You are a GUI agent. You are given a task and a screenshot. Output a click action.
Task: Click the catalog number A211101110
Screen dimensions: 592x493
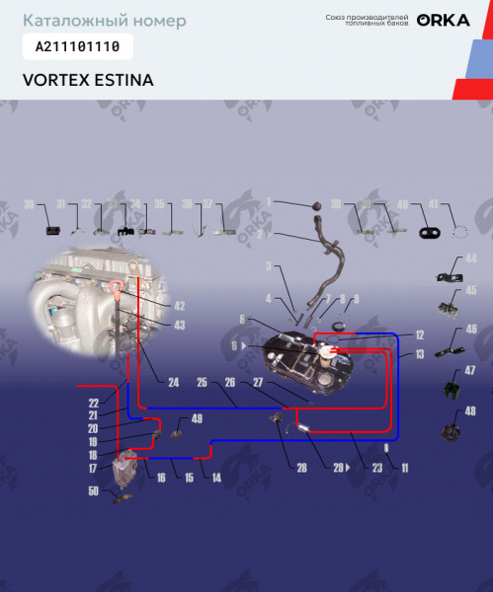coord(77,46)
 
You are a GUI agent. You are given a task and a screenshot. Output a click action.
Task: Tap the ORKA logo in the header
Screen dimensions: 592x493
coord(443,20)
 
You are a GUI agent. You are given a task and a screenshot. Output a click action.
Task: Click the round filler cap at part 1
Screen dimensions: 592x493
coord(317,203)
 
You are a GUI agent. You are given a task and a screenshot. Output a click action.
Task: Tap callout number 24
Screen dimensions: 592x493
coord(173,381)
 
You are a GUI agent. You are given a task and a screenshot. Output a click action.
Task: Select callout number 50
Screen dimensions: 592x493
coord(95,490)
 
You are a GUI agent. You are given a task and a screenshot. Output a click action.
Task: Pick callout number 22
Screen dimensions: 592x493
coord(94,402)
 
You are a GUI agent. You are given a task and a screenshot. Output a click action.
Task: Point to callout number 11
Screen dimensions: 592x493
coord(405,467)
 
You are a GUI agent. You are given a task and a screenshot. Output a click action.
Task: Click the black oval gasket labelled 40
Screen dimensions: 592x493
coord(430,233)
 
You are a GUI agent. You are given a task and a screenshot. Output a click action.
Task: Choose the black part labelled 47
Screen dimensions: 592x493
coord(452,389)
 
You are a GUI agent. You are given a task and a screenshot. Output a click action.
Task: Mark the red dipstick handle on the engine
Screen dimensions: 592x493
coord(119,288)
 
